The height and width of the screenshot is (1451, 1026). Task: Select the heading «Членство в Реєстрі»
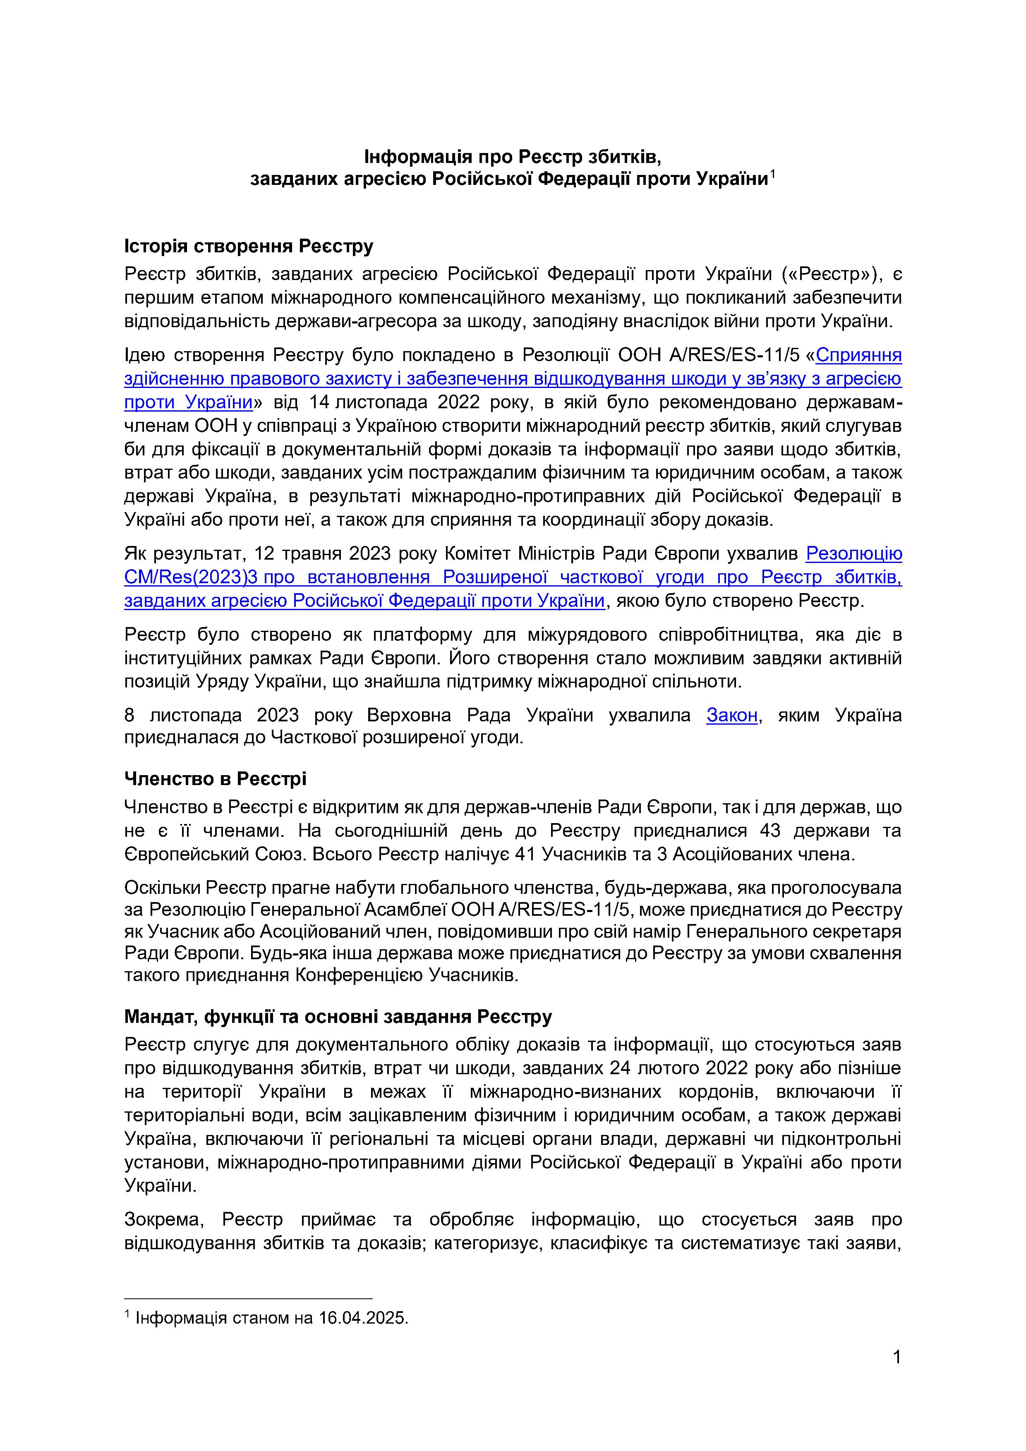[x=215, y=778]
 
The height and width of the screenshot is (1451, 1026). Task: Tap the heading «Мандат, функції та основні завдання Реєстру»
[x=338, y=1016]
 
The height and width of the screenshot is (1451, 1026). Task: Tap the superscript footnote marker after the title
[x=772, y=174]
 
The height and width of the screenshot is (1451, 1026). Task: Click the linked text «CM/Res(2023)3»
[x=192, y=577]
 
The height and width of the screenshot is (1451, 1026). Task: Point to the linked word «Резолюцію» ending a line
[x=853, y=553]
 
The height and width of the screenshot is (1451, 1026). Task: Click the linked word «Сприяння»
[x=858, y=355]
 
